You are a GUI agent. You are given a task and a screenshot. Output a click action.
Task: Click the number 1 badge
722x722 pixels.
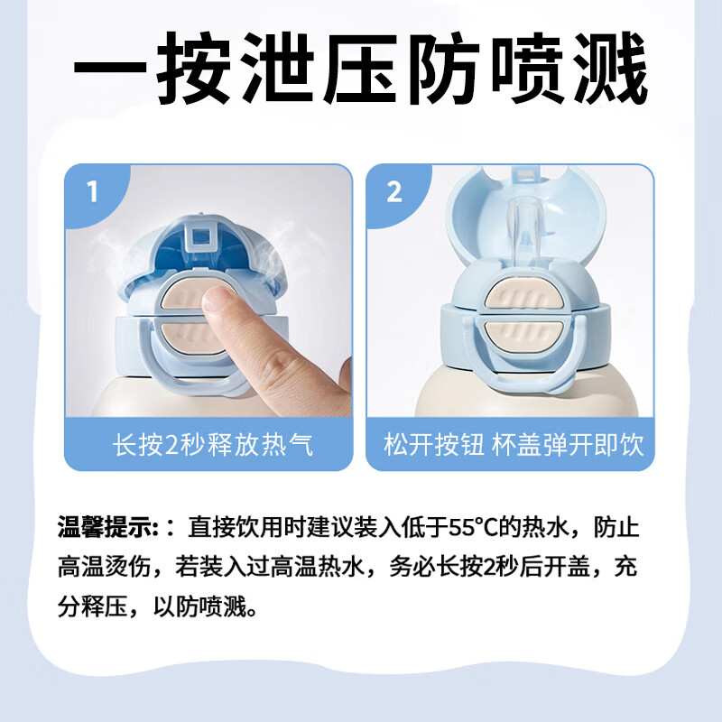click(91, 191)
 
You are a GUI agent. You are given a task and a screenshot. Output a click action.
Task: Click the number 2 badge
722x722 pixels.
click(393, 191)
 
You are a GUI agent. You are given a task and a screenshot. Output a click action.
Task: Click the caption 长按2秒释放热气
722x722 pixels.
click(213, 445)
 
